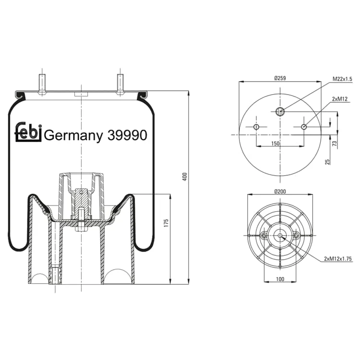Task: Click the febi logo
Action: (28, 132)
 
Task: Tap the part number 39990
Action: (127, 135)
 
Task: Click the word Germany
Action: (73, 136)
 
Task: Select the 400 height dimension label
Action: (185, 177)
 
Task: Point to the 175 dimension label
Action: (166, 223)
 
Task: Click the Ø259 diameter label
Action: (280, 78)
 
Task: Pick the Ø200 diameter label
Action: (280, 191)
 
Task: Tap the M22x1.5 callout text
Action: (342, 79)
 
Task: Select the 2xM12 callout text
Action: (340, 99)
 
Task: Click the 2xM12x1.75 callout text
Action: (338, 259)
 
